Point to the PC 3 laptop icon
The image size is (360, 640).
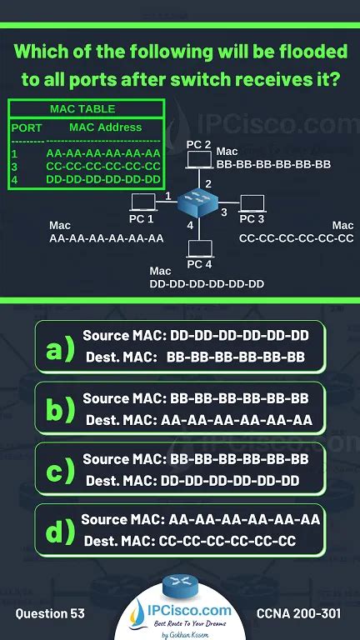click(x=252, y=202)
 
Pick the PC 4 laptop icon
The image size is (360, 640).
click(x=199, y=248)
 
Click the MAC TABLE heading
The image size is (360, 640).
click(x=82, y=109)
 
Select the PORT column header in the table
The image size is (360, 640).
click(x=26, y=128)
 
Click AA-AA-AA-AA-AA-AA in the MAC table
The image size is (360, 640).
click(x=103, y=153)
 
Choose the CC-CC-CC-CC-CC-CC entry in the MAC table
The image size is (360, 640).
click(x=103, y=166)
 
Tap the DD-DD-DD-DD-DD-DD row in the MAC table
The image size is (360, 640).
click(x=103, y=178)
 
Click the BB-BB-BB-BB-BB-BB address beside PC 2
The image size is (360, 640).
click(x=273, y=164)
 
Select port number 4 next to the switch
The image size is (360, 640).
click(x=190, y=226)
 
